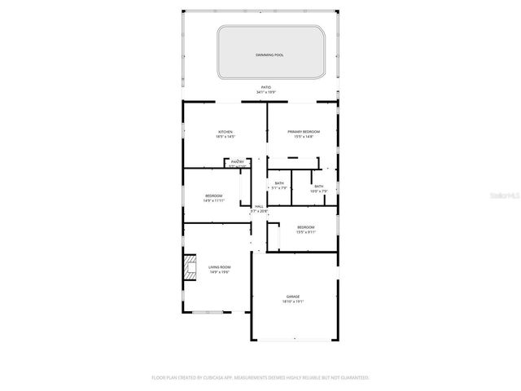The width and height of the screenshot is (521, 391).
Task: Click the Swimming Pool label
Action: (269, 55)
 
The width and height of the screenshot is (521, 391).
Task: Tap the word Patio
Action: (265, 87)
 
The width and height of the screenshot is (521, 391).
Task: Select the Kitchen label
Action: (225, 132)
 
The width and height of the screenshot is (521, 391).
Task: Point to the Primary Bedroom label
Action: (304, 132)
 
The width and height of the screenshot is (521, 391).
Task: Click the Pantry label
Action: (237, 162)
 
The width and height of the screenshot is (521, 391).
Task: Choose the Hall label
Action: (259, 207)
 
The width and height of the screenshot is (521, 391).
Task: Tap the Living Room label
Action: (219, 267)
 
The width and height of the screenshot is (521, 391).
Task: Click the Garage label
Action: (293, 296)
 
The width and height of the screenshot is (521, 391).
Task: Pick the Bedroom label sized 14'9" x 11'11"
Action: (214, 195)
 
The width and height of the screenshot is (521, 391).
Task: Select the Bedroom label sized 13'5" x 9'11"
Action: (306, 226)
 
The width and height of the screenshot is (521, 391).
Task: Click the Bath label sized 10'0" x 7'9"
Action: (318, 187)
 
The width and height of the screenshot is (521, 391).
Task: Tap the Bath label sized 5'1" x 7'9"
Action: (279, 183)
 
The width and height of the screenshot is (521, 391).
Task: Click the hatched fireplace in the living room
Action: (190, 268)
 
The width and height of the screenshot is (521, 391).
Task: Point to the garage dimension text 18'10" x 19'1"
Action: (293, 301)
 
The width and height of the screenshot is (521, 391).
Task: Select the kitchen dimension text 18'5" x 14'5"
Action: (225, 137)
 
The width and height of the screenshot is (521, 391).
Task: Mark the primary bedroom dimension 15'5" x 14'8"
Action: (304, 137)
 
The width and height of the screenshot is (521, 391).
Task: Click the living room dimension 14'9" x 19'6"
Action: (219, 273)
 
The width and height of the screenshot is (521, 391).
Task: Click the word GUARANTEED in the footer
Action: (353, 378)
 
